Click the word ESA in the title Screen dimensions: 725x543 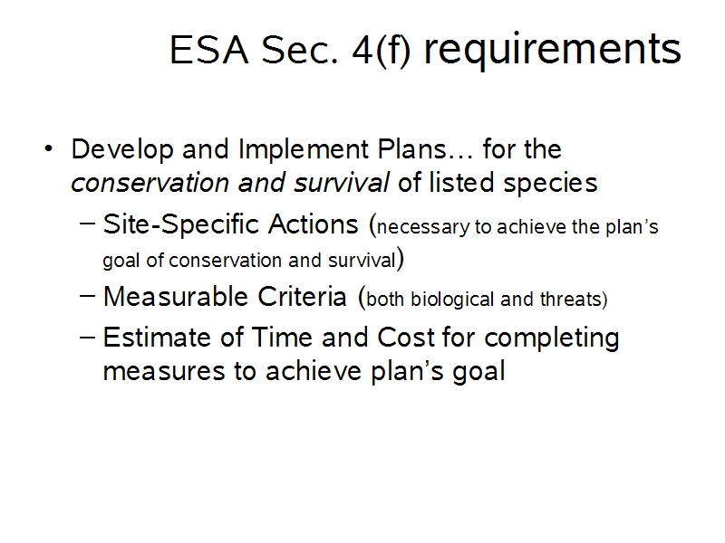pyautogui.click(x=209, y=50)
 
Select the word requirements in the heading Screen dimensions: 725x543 pyautogui.click(x=553, y=51)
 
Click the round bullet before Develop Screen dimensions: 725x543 pyautogui.click(x=49, y=148)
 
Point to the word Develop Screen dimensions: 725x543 pyautogui.click(x=122, y=150)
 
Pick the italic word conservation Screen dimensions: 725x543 pyautogui.click(x=150, y=183)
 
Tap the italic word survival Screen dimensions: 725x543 pyautogui.click(x=342, y=183)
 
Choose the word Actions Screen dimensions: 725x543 pyautogui.click(x=313, y=224)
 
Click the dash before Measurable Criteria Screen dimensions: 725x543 pyautogui.click(x=87, y=295)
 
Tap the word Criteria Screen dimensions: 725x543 pyautogui.click(x=302, y=297)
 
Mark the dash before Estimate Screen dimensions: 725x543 pyautogui.click(x=87, y=337)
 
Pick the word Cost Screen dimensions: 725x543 pyautogui.click(x=406, y=338)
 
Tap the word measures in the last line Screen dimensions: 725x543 pyautogui.click(x=165, y=372)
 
